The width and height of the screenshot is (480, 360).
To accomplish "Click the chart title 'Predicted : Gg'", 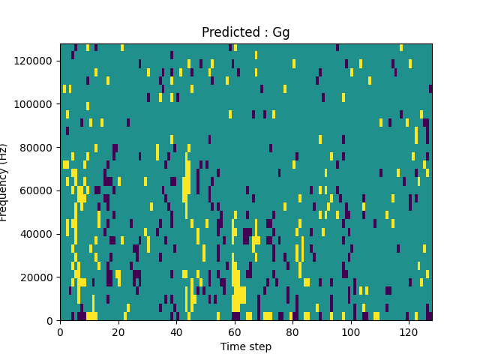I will pyautogui.click(x=246, y=32).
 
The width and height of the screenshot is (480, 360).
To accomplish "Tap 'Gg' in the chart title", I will pyautogui.click(x=281, y=33).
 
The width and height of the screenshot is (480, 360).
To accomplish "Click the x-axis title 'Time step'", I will pyautogui.click(x=246, y=346).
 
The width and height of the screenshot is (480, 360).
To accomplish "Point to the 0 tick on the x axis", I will pyautogui.click(x=60, y=331).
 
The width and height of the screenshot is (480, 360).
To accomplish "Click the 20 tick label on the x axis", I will pyautogui.click(x=118, y=331).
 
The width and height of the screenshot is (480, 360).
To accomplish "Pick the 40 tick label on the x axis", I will pyautogui.click(x=176, y=331).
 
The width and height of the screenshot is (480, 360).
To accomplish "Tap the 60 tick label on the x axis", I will pyautogui.click(x=235, y=331).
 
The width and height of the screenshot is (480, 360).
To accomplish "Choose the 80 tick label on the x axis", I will pyautogui.click(x=292, y=331).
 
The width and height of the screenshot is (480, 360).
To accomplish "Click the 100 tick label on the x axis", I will pyautogui.click(x=351, y=331).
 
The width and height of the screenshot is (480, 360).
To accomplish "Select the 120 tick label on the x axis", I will pyautogui.click(x=409, y=331).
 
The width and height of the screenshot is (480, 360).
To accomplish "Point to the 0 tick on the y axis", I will pyautogui.click(x=50, y=321).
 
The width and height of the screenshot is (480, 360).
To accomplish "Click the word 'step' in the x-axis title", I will pyautogui.click(x=259, y=347).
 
